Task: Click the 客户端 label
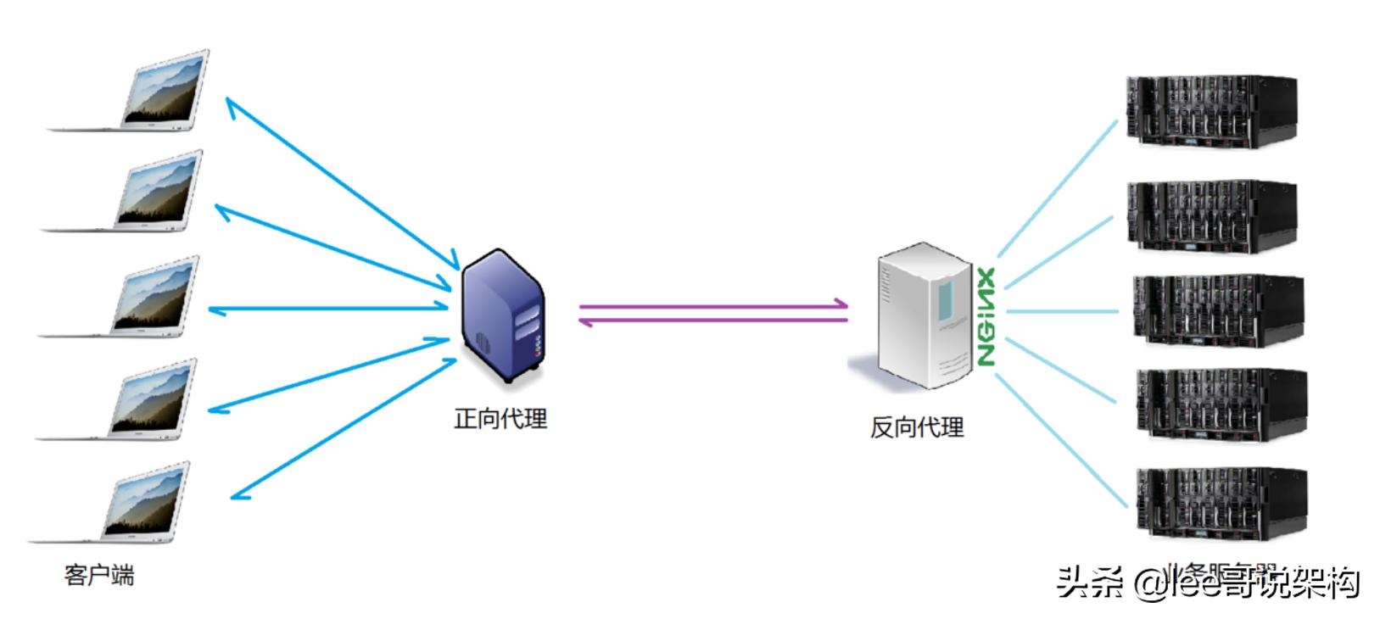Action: tap(99, 576)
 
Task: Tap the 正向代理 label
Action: tap(500, 419)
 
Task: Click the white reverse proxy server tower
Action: tap(923, 315)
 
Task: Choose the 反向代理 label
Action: tap(917, 427)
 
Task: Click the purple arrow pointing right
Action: tap(712, 305)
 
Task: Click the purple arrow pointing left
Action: tap(712, 321)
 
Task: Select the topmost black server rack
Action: tap(1210, 110)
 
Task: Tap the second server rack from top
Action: tap(1210, 215)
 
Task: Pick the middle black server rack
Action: tap(1217, 310)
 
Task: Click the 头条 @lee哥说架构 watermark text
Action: tap(1208, 583)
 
